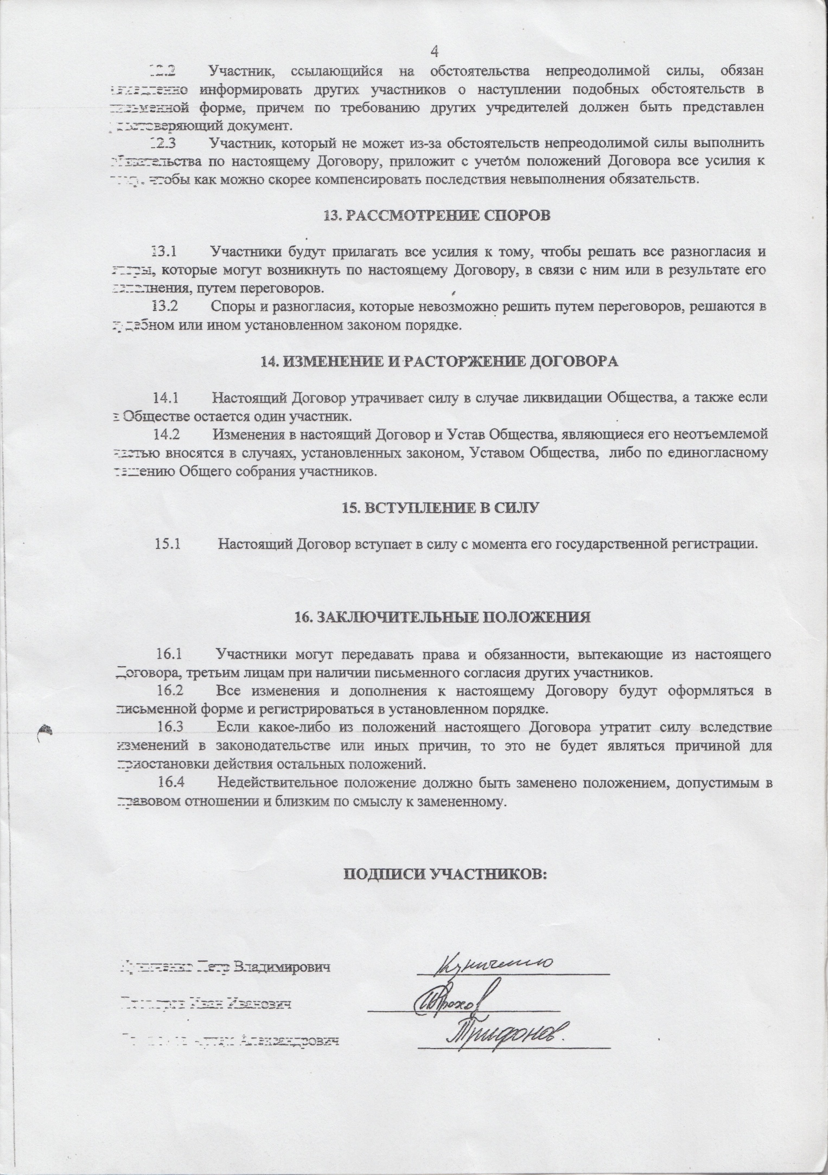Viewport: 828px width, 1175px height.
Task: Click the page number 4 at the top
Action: pyautogui.click(x=434, y=52)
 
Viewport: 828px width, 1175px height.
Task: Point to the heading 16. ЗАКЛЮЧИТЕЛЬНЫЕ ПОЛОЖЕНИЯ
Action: pyautogui.click(x=442, y=617)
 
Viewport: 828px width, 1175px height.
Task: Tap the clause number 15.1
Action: pyautogui.click(x=167, y=544)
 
